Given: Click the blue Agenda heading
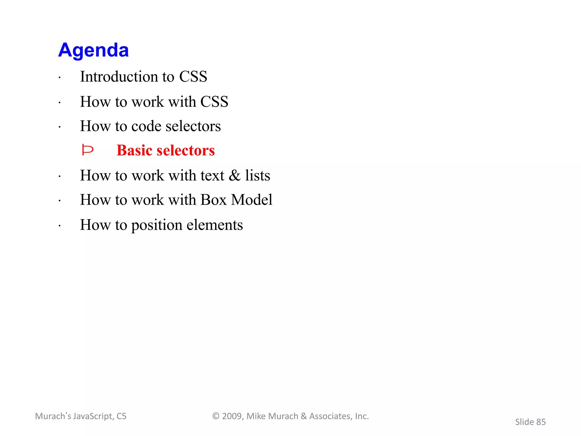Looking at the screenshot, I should coord(93,50).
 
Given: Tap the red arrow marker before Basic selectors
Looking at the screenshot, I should coord(87,150).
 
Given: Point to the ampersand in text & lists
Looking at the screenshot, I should coord(235,175).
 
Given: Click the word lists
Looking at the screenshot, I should coord(258,175).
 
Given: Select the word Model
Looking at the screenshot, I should coord(252,200).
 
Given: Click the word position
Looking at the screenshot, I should coord(157,225).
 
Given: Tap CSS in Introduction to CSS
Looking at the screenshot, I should coord(193,77).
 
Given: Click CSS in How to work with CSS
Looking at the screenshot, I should coord(214,102).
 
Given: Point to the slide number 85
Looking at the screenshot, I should coord(541,422).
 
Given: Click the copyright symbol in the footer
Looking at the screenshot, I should coord(216,416).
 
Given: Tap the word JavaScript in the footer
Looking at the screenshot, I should coord(93,416).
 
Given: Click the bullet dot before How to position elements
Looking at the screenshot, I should coord(60,226).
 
